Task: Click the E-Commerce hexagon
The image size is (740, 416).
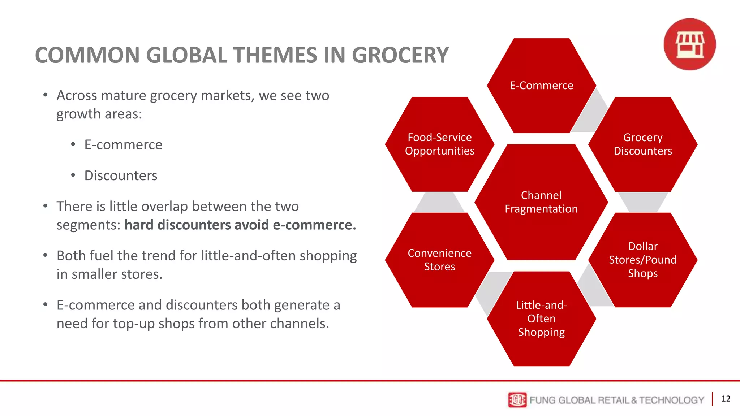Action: tap(541, 86)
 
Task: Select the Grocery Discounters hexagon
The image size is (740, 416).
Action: tap(642, 144)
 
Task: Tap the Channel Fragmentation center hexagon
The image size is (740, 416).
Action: tap(541, 202)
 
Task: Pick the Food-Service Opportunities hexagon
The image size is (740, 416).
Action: tap(439, 144)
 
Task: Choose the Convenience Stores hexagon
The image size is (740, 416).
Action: tap(439, 260)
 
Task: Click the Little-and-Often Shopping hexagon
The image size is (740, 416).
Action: tap(541, 318)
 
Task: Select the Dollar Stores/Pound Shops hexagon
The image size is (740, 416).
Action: tap(642, 260)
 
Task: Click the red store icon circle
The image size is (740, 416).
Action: tap(689, 44)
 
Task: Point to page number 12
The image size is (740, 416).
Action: tap(726, 399)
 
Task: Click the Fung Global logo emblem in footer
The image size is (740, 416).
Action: tap(517, 400)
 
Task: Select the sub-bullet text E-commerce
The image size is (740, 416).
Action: tap(123, 145)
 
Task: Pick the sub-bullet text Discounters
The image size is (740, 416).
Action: tap(121, 175)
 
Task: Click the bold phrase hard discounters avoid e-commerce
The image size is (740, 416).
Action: tap(240, 225)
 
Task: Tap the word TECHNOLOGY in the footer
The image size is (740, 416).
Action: tap(671, 400)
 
